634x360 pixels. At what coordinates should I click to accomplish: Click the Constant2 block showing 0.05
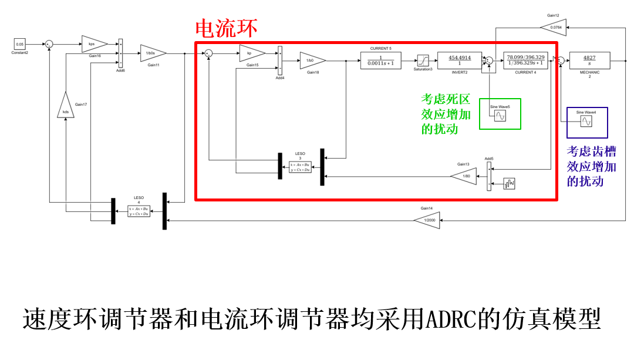tap(20, 44)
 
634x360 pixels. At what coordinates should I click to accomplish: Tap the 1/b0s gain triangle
tap(152, 53)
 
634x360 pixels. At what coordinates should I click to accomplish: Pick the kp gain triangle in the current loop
tap(251, 53)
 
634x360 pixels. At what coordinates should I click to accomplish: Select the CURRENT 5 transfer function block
tap(380, 60)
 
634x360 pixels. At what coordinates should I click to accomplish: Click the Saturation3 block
tap(423, 60)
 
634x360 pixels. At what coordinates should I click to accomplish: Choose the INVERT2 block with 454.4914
tap(458, 60)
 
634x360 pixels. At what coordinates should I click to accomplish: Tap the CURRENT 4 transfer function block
tap(525, 60)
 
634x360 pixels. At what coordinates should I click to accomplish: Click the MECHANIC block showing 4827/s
tap(589, 60)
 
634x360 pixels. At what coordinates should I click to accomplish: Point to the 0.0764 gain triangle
tap(554, 27)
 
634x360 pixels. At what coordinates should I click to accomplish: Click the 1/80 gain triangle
tap(464, 176)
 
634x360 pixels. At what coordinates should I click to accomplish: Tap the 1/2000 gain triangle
tap(426, 221)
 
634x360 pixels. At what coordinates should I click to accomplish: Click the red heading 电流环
tap(225, 29)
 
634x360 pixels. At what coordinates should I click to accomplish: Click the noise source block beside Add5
tap(509, 184)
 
